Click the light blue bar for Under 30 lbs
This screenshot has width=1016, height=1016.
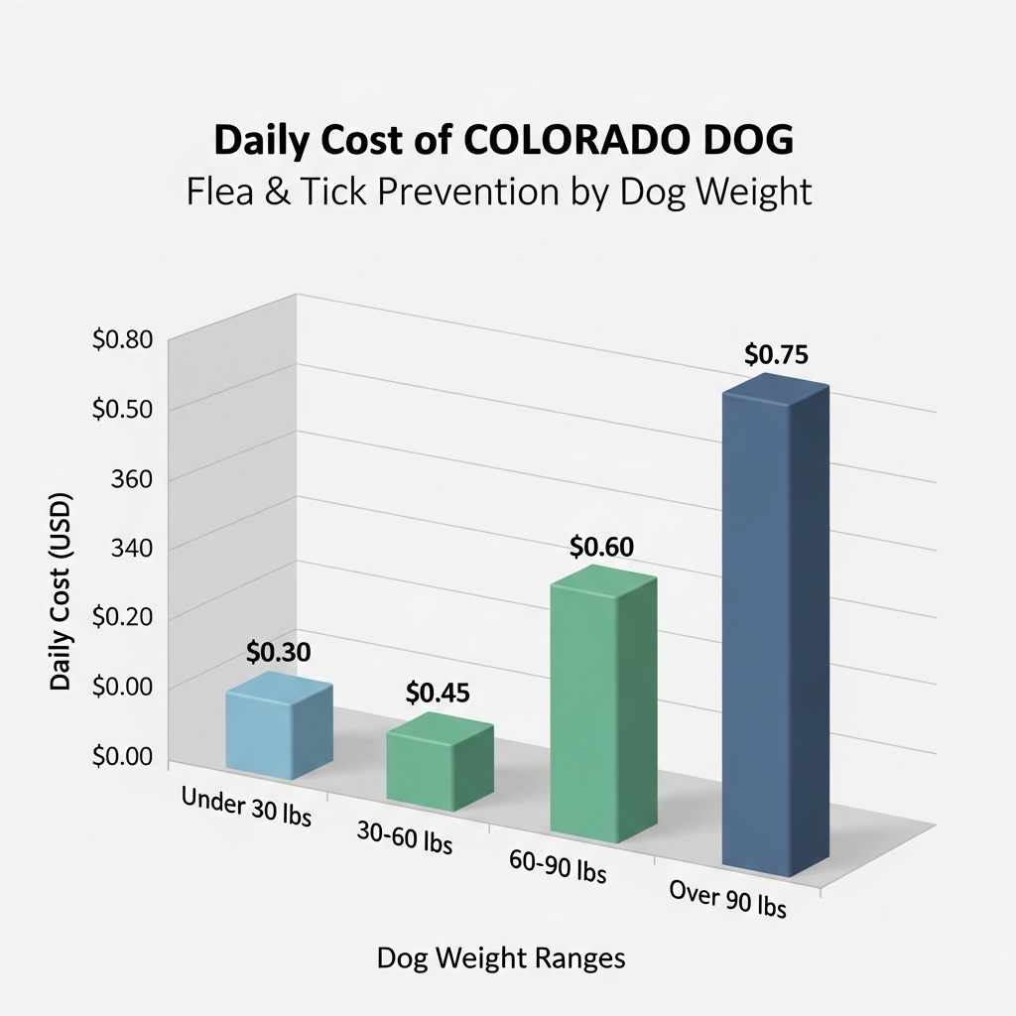pos(279,727)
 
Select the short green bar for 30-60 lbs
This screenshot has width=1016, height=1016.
pos(440,763)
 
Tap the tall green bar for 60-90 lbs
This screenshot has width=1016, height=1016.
pos(602,709)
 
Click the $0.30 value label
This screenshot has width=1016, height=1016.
pos(279,652)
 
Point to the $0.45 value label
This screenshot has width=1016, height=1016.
pos(438,694)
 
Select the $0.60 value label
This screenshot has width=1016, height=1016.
pos(602,547)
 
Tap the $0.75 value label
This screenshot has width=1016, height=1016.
pos(777,354)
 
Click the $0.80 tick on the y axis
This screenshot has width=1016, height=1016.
pos(122,340)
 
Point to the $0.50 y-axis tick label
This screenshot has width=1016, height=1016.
pos(122,410)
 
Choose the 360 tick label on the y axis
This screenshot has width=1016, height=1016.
pos(132,479)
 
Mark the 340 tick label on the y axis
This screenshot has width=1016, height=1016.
pos(132,549)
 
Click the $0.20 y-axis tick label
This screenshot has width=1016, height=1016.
pos(122,617)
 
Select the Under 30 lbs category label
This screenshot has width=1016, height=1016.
pos(246,808)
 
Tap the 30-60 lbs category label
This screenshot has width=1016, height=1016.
pos(404,838)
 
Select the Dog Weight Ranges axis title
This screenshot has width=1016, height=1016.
pos(501,958)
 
